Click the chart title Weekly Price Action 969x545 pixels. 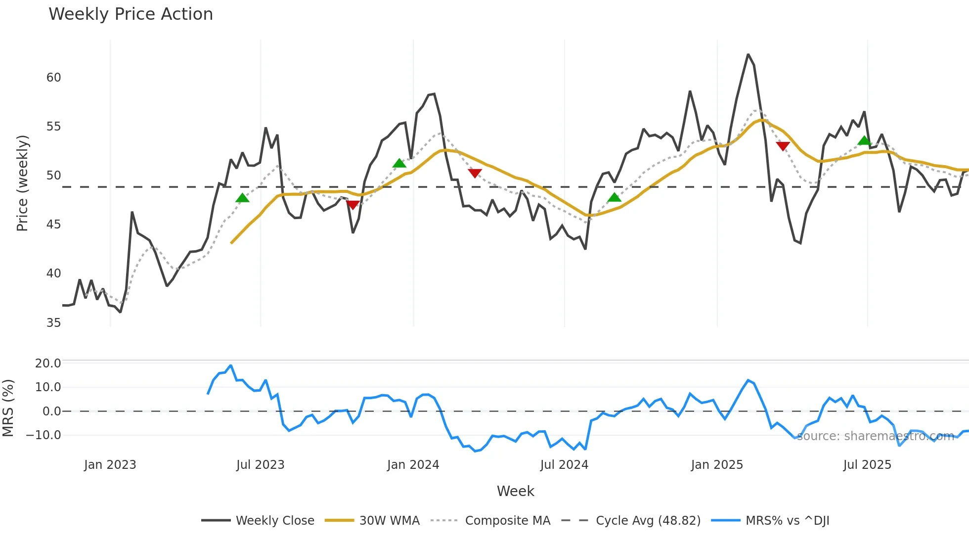coord(131,14)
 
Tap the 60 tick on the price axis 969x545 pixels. coord(53,78)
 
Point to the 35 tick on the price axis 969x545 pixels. coord(53,323)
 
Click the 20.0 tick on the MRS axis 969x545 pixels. coord(48,363)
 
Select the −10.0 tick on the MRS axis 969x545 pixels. coord(44,435)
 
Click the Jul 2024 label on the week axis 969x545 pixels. coord(564,465)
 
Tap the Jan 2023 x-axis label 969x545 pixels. coord(110,465)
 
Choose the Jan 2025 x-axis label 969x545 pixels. coord(717,465)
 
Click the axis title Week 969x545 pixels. coord(515,491)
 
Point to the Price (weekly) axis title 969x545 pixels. coord(22,183)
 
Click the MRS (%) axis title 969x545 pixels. coord(8,408)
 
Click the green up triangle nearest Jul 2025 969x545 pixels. coord(864,141)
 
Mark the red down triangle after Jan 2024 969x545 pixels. coord(475,173)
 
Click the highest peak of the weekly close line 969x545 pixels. coord(748,54)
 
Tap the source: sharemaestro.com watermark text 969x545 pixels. coord(875,436)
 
